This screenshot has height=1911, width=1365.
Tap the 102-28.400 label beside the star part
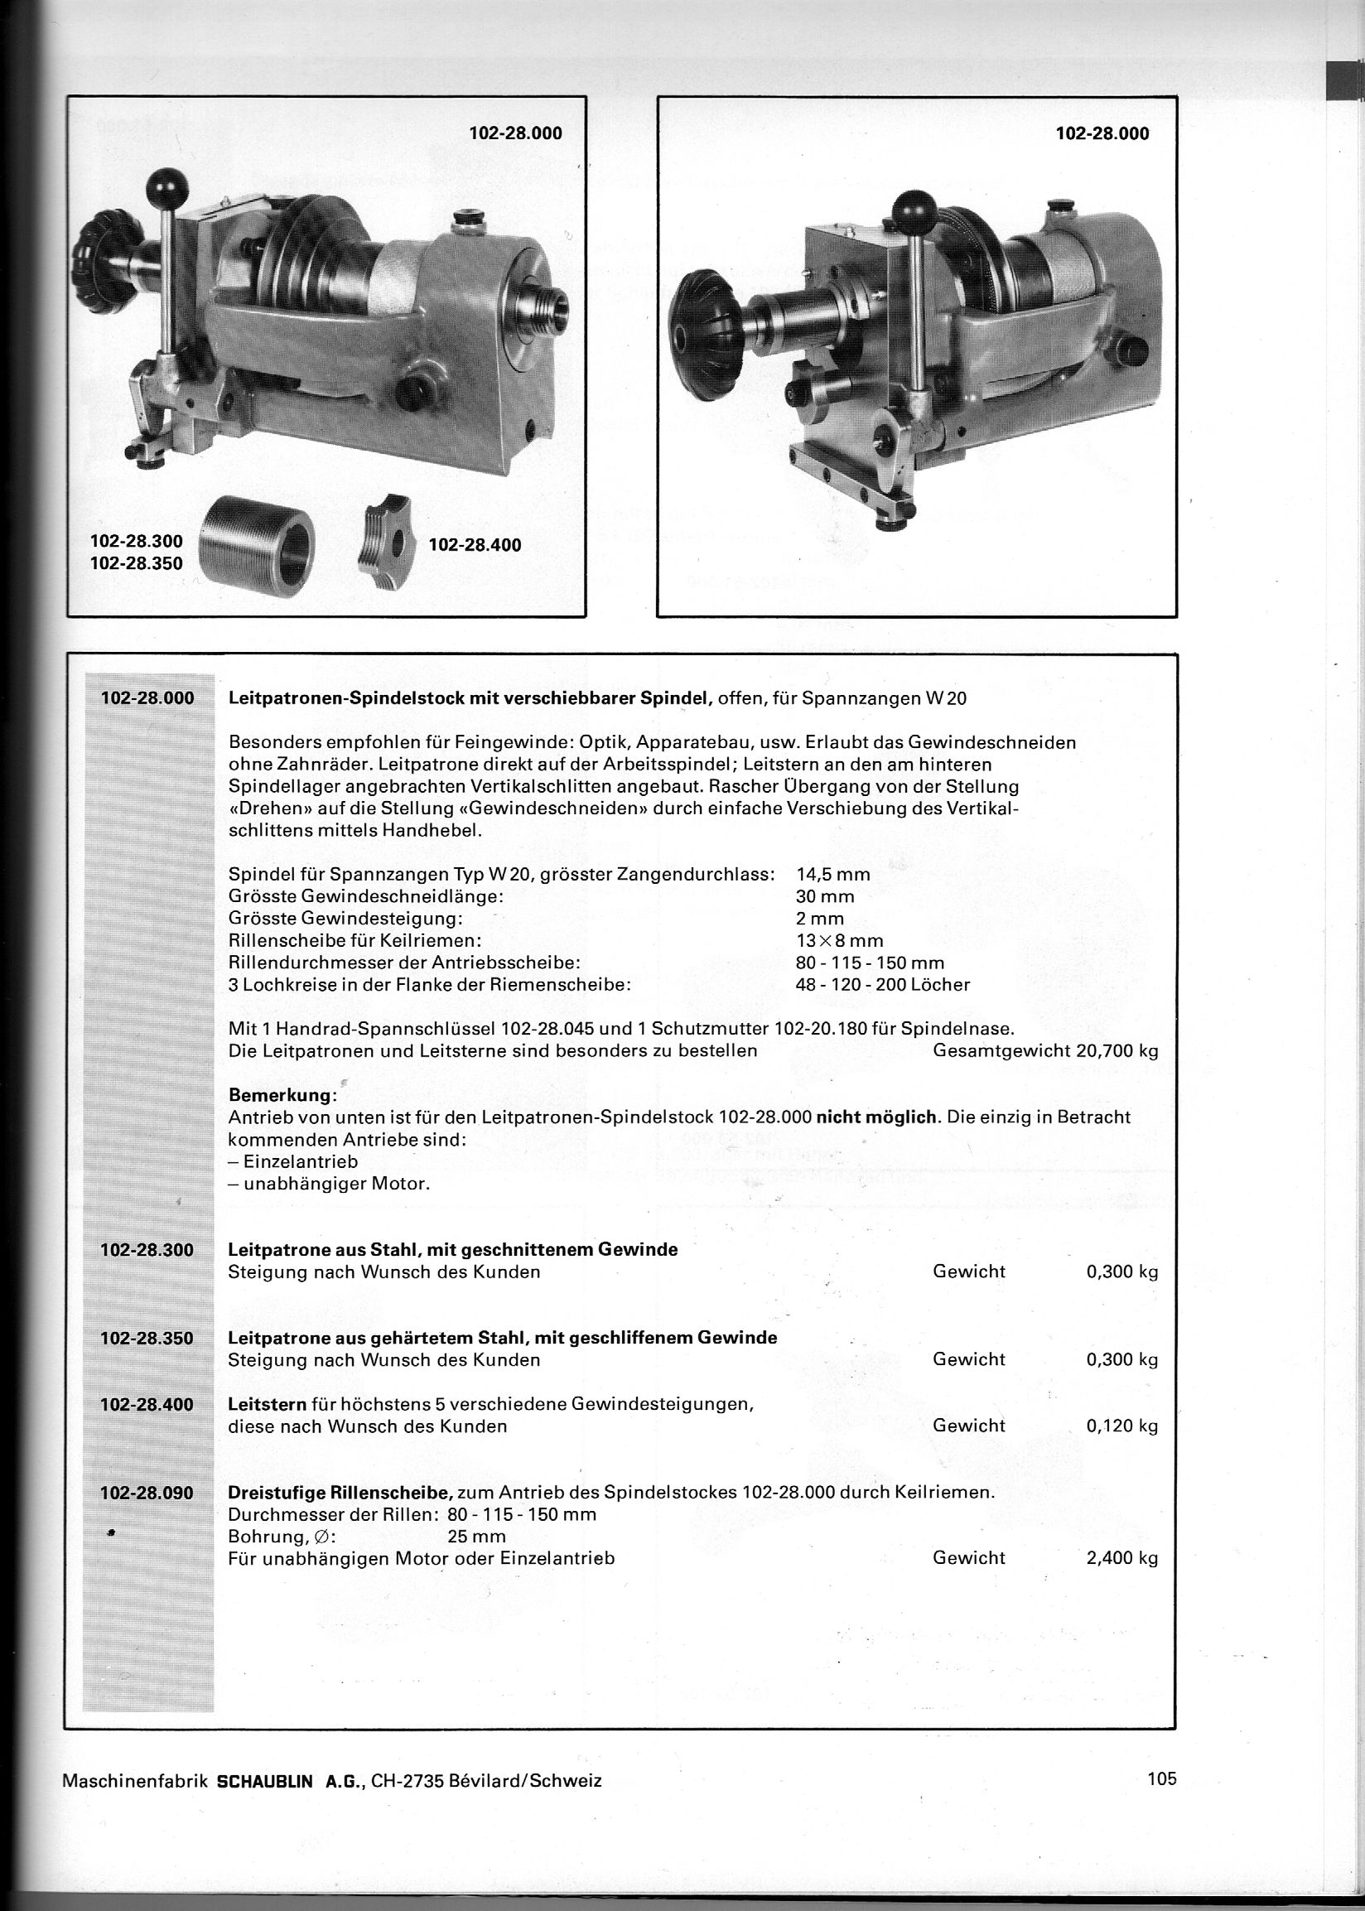(475, 544)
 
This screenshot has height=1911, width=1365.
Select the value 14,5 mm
(832, 874)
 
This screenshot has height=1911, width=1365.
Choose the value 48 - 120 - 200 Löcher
(883, 984)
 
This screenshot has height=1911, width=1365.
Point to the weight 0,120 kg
(1122, 1426)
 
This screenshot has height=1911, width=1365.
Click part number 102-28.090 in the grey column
(147, 1493)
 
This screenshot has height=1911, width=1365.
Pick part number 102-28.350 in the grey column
(147, 1338)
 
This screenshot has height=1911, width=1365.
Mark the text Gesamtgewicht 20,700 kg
(1045, 1050)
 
